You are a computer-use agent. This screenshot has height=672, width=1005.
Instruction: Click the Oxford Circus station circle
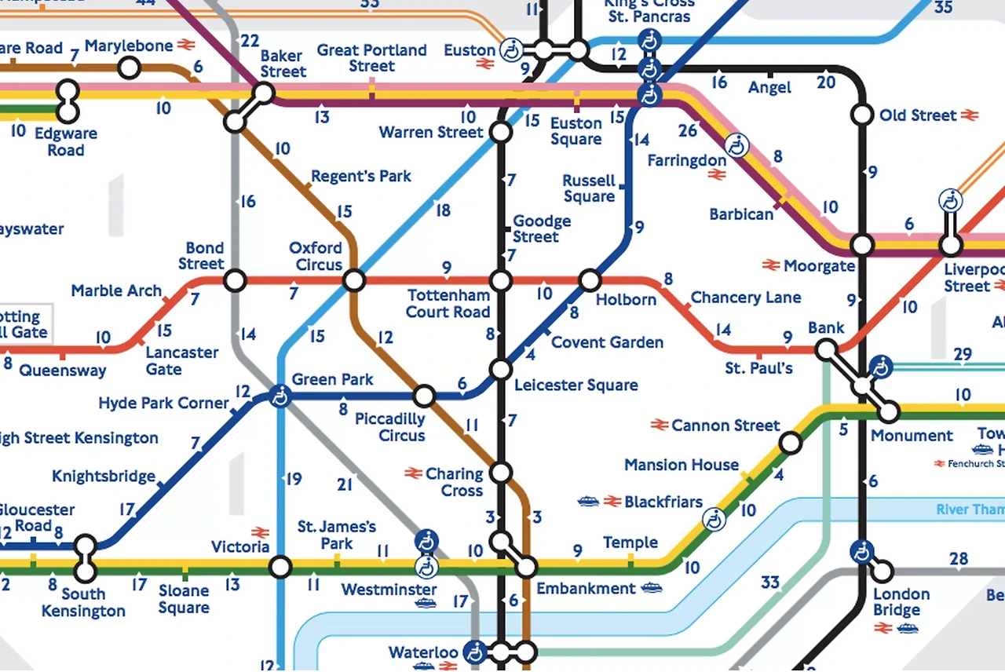[354, 280]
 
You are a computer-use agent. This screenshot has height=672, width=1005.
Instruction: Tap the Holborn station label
[625, 300]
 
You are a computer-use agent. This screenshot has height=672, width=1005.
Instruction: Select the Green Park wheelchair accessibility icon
[279, 396]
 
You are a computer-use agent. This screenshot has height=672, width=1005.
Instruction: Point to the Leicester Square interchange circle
[500, 369]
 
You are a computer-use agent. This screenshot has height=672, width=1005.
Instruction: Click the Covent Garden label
[607, 342]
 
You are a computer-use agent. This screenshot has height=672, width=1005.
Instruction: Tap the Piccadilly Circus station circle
[424, 396]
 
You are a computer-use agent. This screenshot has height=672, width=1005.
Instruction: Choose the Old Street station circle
[862, 115]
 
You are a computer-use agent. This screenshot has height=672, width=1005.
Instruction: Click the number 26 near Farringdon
[688, 130]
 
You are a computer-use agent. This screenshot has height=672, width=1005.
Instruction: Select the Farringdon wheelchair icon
[736, 145]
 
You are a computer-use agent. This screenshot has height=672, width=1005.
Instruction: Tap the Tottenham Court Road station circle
[500, 280]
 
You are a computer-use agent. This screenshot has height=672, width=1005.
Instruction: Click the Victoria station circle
[280, 566]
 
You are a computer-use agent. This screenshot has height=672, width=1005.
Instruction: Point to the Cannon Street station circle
[791, 444]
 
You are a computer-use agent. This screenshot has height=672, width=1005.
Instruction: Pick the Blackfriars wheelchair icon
[714, 519]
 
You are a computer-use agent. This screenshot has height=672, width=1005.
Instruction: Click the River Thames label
[970, 510]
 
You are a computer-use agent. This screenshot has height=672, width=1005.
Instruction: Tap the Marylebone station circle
[130, 68]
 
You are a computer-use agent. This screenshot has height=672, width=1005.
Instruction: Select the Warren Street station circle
[500, 132]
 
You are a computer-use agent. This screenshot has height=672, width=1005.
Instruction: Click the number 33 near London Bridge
[770, 583]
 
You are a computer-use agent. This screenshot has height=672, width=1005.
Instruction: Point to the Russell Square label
[589, 188]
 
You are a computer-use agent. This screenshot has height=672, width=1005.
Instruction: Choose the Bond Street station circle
[235, 280]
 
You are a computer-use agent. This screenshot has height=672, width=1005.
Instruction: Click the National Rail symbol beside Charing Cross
[413, 473]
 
